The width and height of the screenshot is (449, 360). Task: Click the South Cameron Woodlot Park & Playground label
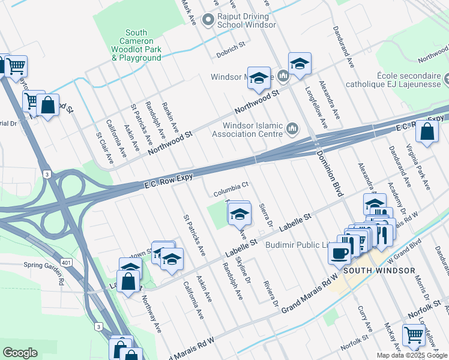coord(136,45)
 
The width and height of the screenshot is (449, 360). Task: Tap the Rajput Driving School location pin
coord(208,20)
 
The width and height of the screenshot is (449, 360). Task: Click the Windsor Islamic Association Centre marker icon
coord(292,128)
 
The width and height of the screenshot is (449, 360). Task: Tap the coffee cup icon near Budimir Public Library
coord(340,253)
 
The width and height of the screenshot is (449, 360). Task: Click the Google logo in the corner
coord(20,352)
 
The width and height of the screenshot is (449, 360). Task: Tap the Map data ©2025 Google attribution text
coord(412,355)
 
